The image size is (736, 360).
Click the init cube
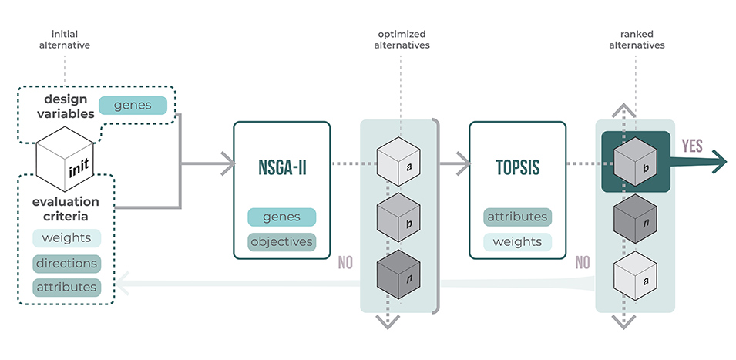click(x=66, y=159)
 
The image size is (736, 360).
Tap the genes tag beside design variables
click(x=133, y=105)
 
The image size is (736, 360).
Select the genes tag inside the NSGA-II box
click(x=281, y=217)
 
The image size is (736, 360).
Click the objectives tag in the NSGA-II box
click(x=281, y=242)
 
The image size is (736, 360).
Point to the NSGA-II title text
click(x=281, y=167)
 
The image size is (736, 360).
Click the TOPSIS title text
click(x=518, y=167)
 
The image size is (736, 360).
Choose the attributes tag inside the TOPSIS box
click(x=518, y=217)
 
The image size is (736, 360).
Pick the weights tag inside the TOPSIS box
click(x=518, y=242)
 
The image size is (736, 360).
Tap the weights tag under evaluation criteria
click(x=66, y=238)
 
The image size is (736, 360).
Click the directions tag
click(x=66, y=264)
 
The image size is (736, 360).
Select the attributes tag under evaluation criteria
click(x=66, y=288)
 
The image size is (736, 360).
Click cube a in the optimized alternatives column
click(x=398, y=161)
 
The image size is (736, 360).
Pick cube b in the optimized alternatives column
click(x=398, y=217)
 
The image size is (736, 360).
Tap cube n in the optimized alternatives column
click(x=398, y=274)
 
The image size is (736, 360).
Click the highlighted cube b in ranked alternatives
click(x=635, y=162)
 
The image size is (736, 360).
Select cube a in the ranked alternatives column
click(x=635, y=275)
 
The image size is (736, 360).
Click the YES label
click(x=692, y=146)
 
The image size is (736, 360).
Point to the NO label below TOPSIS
click(x=583, y=263)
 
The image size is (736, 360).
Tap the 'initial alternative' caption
click(x=65, y=40)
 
